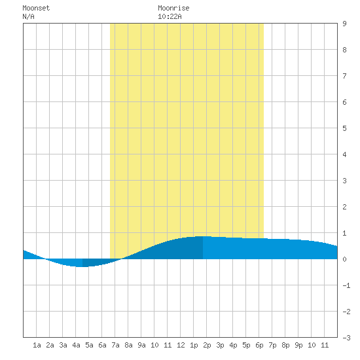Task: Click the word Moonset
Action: point(36,8)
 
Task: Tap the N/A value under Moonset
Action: point(28,16)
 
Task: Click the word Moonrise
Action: point(173,8)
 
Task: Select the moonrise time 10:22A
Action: point(170,16)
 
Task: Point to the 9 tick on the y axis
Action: point(344,24)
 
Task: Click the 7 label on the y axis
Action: point(344,76)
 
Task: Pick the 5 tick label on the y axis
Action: point(344,128)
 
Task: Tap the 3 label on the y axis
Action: point(344,181)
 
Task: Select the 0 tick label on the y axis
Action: point(344,259)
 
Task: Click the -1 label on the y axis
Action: point(346,285)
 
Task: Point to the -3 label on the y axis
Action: point(346,338)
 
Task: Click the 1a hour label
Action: point(37,345)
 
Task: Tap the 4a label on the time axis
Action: point(76,345)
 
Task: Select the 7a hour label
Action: point(115,345)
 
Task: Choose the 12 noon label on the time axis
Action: point(181,345)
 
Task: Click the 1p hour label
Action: point(194,345)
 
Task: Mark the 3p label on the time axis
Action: point(220,345)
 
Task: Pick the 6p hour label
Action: point(259,345)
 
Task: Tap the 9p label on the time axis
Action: point(298,345)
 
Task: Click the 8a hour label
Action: point(128,345)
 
